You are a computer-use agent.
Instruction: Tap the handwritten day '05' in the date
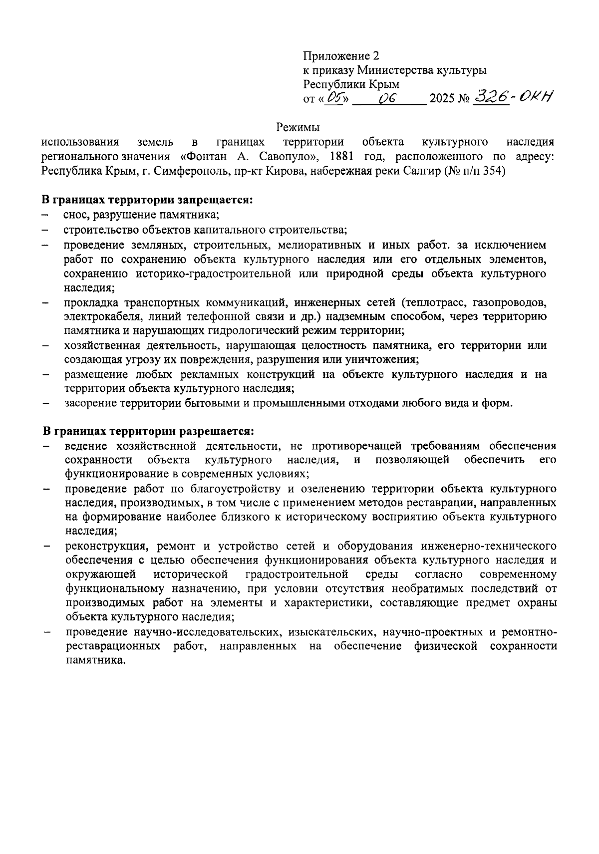[x=333, y=98]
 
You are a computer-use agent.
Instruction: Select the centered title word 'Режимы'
[x=298, y=128]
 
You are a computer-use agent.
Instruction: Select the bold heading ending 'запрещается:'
[x=147, y=200]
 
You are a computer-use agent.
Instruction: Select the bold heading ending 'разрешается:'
[x=148, y=431]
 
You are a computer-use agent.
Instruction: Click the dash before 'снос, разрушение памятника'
[x=45, y=216]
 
